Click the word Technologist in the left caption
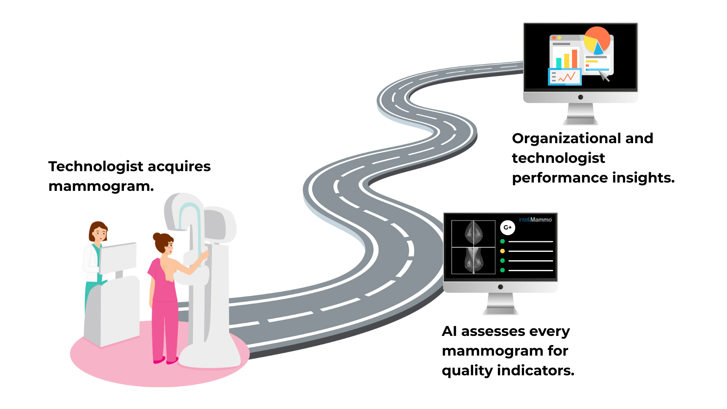pyautogui.click(x=96, y=167)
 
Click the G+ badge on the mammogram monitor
pyautogui.click(x=507, y=228)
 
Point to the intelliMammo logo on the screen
pyautogui.click(x=535, y=220)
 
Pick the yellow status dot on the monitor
pyautogui.click(x=502, y=251)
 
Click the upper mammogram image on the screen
pyautogui.click(x=473, y=233)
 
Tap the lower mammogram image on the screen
pyautogui.click(x=473, y=260)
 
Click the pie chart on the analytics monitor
pyautogui.click(x=597, y=40)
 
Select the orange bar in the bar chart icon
pyautogui.click(x=574, y=59)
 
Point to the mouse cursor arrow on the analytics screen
pyautogui.click(x=604, y=75)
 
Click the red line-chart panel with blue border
pyautogui.click(x=565, y=76)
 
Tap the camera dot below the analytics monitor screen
pyautogui.click(x=580, y=97)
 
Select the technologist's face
pyautogui.click(x=100, y=233)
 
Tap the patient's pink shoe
pyautogui.click(x=159, y=361)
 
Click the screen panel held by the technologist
pyautogui.click(x=118, y=258)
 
